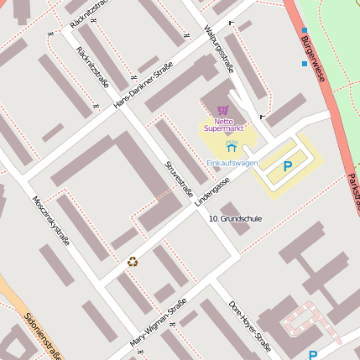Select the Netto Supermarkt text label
pyautogui.click(x=222, y=125)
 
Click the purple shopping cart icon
pyautogui.click(x=222, y=110)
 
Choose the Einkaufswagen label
pyautogui.click(x=232, y=163)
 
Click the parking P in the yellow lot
pyautogui.click(x=288, y=166)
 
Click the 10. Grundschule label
pyautogui.click(x=235, y=219)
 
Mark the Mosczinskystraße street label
pyautogui.click(x=50, y=220)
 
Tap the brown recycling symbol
pyautogui.click(x=132, y=261)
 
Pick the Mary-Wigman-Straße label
pyautogui.click(x=158, y=325)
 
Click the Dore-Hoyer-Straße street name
pyautogui.click(x=250, y=325)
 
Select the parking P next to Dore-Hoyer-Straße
pyautogui.click(x=313, y=355)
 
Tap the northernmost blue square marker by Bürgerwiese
pyautogui.click(x=304, y=30)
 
